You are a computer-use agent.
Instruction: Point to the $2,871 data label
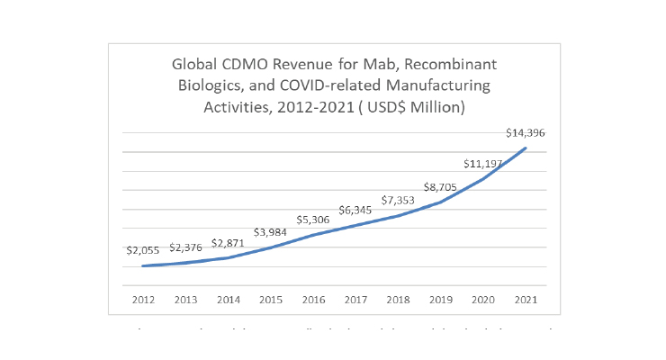229,244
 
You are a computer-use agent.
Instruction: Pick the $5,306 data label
313,220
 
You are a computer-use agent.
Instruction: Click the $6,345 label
355,210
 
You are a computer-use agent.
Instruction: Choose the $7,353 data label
398,200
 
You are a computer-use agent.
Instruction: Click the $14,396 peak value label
525,133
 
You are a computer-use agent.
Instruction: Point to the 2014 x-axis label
228,298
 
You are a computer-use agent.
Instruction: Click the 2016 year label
313,298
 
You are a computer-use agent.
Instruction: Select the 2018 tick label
398,298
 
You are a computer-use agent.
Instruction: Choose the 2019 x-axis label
440,298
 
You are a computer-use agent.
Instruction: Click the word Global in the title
196,66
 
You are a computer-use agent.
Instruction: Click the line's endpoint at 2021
525,148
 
